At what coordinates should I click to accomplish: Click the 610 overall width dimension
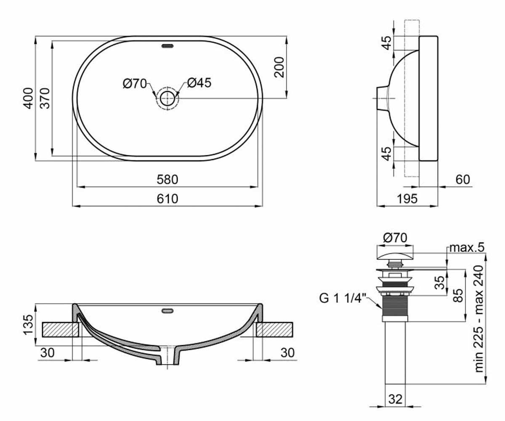click(x=167, y=199)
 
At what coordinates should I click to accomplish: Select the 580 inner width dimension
click(x=167, y=180)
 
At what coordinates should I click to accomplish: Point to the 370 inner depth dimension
click(x=45, y=98)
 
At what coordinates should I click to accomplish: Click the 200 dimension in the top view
click(x=279, y=67)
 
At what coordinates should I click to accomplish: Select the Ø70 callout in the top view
click(x=135, y=84)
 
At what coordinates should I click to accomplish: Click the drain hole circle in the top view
click(x=167, y=98)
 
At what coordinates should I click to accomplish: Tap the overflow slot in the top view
click(x=167, y=46)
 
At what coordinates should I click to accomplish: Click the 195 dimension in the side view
click(x=407, y=199)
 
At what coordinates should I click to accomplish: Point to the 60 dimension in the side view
click(x=462, y=179)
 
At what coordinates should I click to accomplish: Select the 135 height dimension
click(x=28, y=325)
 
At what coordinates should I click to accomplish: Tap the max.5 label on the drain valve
click(x=467, y=248)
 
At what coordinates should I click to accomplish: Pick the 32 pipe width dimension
click(x=395, y=399)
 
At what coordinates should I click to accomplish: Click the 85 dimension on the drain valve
click(x=458, y=295)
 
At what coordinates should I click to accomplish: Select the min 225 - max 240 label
click(x=479, y=319)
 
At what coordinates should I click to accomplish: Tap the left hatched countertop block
click(x=61, y=330)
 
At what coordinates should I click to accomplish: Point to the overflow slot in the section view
click(x=167, y=311)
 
